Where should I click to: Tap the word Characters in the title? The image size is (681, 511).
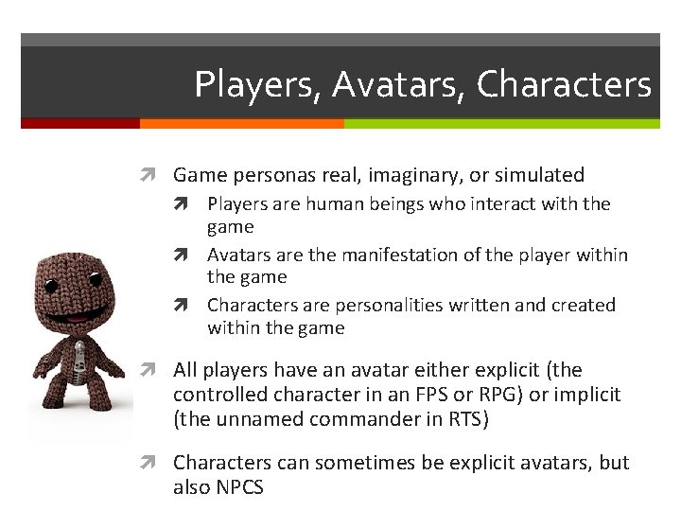565,85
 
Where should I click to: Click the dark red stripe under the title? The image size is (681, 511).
79,123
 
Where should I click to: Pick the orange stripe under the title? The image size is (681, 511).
241,123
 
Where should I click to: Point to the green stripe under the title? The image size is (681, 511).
501,123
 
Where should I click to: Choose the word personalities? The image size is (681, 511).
358,306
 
